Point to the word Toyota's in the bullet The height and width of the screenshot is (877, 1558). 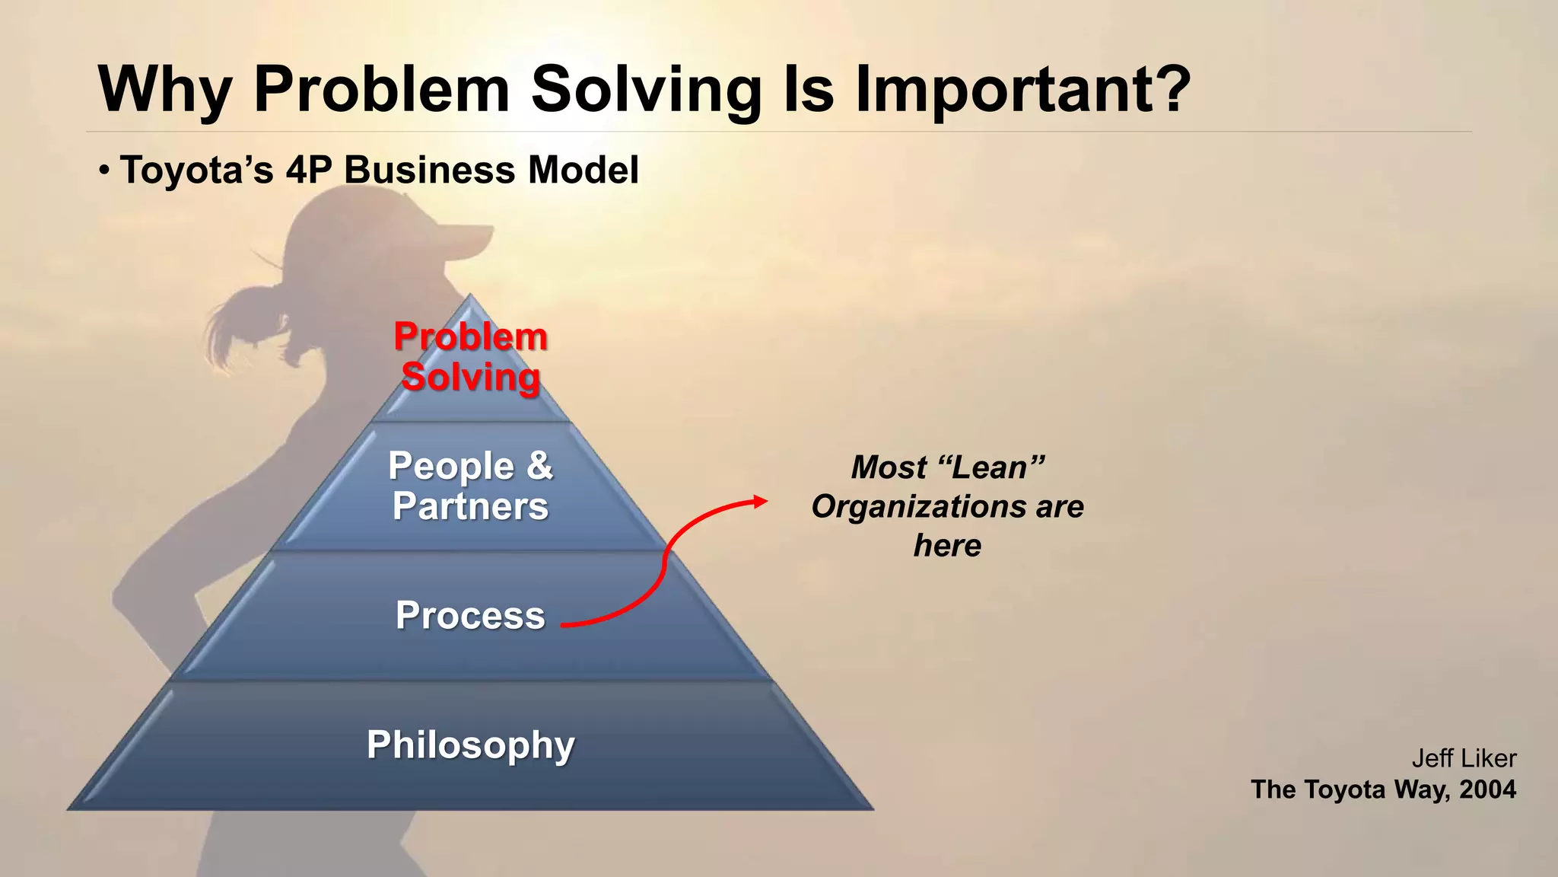[x=196, y=170]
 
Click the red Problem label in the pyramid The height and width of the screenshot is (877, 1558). [x=470, y=336]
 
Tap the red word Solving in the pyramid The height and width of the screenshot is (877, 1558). [x=470, y=377]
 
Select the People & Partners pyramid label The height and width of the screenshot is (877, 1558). [x=470, y=486]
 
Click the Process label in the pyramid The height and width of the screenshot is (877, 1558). [x=470, y=615]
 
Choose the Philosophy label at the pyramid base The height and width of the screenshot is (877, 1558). [x=470, y=745]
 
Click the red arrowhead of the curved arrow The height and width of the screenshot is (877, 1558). [x=761, y=501]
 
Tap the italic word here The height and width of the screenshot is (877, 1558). [x=947, y=546]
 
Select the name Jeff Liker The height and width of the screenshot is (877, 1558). [x=1464, y=758]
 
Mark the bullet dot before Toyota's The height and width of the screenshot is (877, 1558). [x=104, y=169]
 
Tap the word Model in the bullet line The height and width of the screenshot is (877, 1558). [x=583, y=170]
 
